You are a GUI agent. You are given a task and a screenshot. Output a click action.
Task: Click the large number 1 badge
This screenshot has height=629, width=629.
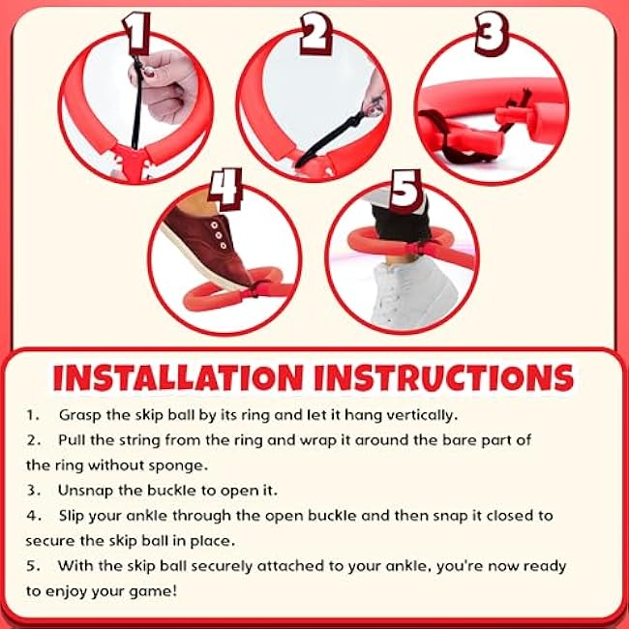(136, 34)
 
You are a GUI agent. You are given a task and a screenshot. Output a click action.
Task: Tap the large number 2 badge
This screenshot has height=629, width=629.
(315, 34)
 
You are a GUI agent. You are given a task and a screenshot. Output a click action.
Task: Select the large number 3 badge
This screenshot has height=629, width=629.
(492, 34)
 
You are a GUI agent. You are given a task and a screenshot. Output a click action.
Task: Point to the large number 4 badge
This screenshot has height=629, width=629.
(225, 189)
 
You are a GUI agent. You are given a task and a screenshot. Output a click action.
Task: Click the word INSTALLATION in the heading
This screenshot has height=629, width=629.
(178, 377)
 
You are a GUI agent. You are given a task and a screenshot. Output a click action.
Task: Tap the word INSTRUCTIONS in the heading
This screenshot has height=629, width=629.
(444, 377)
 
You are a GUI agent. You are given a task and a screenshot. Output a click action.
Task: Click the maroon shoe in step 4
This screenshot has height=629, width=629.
(206, 246)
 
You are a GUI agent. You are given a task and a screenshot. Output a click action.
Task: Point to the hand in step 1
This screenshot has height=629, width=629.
(164, 86)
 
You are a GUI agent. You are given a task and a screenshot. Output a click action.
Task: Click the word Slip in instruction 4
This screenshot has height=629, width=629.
(72, 517)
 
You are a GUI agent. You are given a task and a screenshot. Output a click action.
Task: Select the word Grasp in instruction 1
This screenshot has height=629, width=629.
(80, 415)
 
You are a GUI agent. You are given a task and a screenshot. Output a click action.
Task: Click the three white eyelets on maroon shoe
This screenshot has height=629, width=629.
(219, 235)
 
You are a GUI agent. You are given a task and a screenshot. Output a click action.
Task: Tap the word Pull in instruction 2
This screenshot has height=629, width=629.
(72, 440)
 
